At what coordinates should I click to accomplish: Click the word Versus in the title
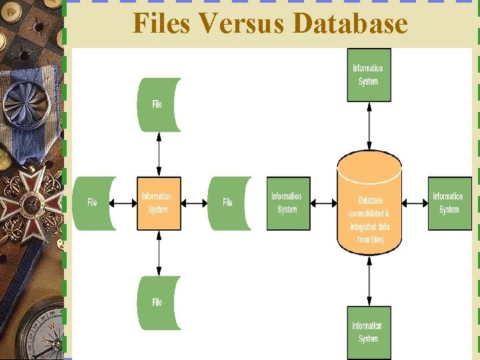pos(241,23)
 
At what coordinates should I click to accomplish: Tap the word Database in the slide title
pos(349,23)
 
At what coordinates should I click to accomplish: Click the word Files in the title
pos(161,23)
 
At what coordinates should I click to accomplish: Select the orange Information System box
pos(159,203)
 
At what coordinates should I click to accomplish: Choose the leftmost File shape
pos(94,203)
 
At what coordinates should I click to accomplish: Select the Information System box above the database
pos(369,75)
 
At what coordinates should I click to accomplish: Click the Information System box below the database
pos(369,332)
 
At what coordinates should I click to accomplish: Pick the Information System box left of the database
pos(288,203)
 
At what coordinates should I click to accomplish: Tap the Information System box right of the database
pos(449,203)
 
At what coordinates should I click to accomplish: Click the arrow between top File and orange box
pos(159,154)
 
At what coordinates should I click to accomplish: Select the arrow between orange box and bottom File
pos(159,253)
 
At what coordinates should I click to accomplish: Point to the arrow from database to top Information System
pos(369,126)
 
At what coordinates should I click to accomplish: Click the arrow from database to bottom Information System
pos(369,281)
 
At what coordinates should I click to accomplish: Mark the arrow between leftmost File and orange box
pos(126,203)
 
